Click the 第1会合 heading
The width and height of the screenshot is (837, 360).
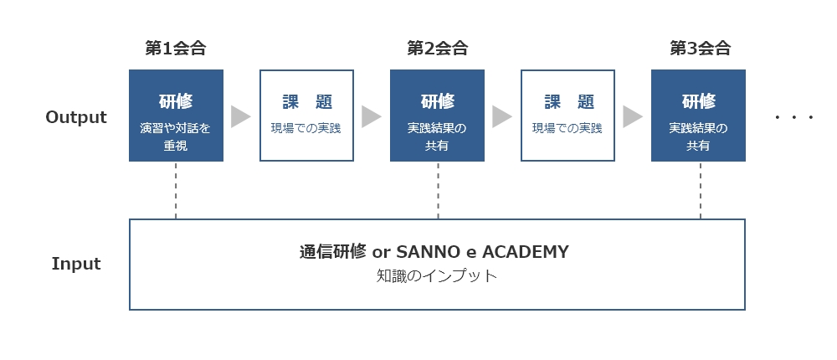176,49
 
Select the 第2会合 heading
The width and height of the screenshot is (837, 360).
437,49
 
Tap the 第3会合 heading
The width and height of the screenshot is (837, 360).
700,49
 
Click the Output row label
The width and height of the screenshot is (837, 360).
76,117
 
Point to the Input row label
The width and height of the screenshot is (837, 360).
76,264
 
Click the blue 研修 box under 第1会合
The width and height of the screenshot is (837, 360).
176,116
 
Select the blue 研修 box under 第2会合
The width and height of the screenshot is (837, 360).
437,116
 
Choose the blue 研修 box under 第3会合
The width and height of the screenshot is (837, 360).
698,116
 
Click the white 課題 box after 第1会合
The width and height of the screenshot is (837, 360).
307,116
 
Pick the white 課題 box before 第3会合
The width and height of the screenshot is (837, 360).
568,116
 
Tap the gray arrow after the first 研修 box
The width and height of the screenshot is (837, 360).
239,116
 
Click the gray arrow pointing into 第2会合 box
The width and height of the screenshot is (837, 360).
371,116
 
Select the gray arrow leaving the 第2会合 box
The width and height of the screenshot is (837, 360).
501,116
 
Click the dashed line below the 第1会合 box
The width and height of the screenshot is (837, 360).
176,190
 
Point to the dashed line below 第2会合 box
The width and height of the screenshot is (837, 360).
439,190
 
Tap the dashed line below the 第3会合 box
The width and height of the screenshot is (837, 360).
701,190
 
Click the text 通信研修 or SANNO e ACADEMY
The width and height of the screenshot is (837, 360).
434,251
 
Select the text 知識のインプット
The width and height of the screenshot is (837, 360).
437,276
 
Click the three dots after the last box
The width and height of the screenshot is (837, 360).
794,117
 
